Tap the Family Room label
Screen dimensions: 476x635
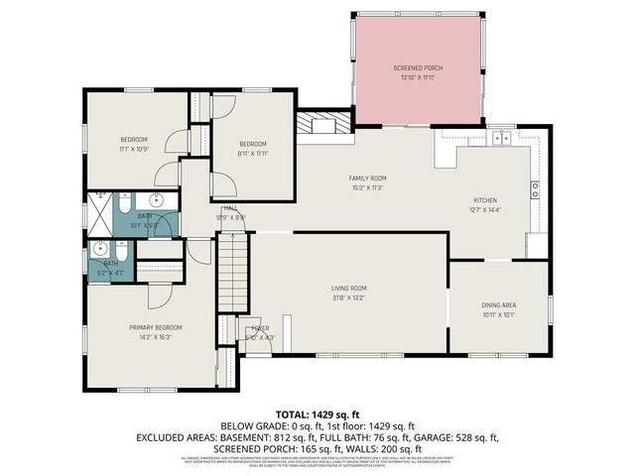pyautogui.click(x=366, y=178)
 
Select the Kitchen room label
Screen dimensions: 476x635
pyautogui.click(x=486, y=199)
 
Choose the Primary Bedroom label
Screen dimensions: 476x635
pyautogui.click(x=155, y=327)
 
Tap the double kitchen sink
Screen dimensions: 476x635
pyautogui.click(x=499, y=138)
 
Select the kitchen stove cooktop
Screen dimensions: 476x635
pyautogui.click(x=535, y=187)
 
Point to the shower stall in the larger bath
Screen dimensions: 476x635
pyautogui.click(x=101, y=211)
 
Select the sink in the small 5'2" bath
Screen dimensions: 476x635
pyautogui.click(x=100, y=251)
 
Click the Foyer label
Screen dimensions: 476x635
pyautogui.click(x=259, y=327)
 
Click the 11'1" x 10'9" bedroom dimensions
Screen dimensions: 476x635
pyautogui.click(x=134, y=149)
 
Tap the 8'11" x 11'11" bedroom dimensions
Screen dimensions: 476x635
pyautogui.click(x=254, y=153)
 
